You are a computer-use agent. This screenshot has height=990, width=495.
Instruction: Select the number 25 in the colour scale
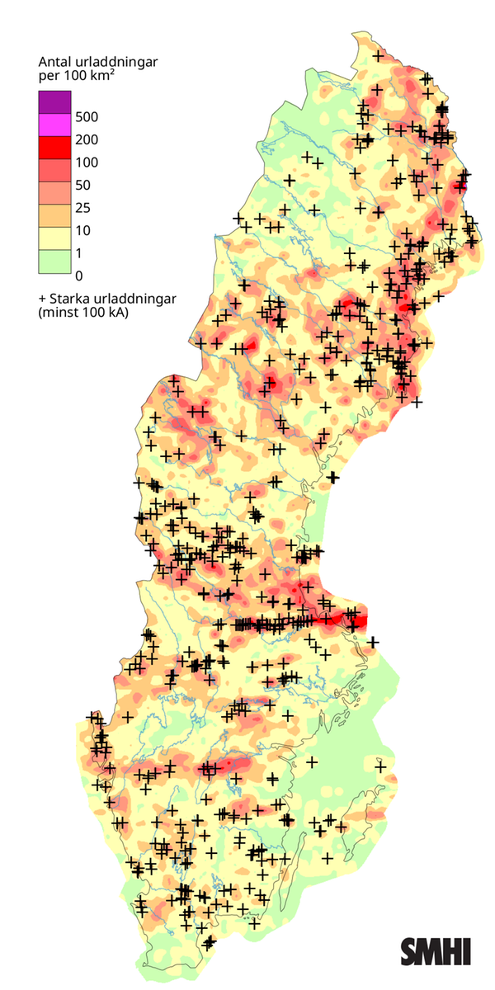pos(82,207)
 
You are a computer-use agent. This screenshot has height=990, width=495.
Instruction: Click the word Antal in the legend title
pos(55,62)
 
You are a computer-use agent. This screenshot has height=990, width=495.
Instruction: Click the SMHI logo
pos(436,950)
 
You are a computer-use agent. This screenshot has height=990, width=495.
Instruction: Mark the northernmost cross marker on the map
pos(378,56)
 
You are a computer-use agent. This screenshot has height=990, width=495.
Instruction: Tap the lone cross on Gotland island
pos(373,642)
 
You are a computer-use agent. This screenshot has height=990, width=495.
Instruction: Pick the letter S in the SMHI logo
pos(410,950)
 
